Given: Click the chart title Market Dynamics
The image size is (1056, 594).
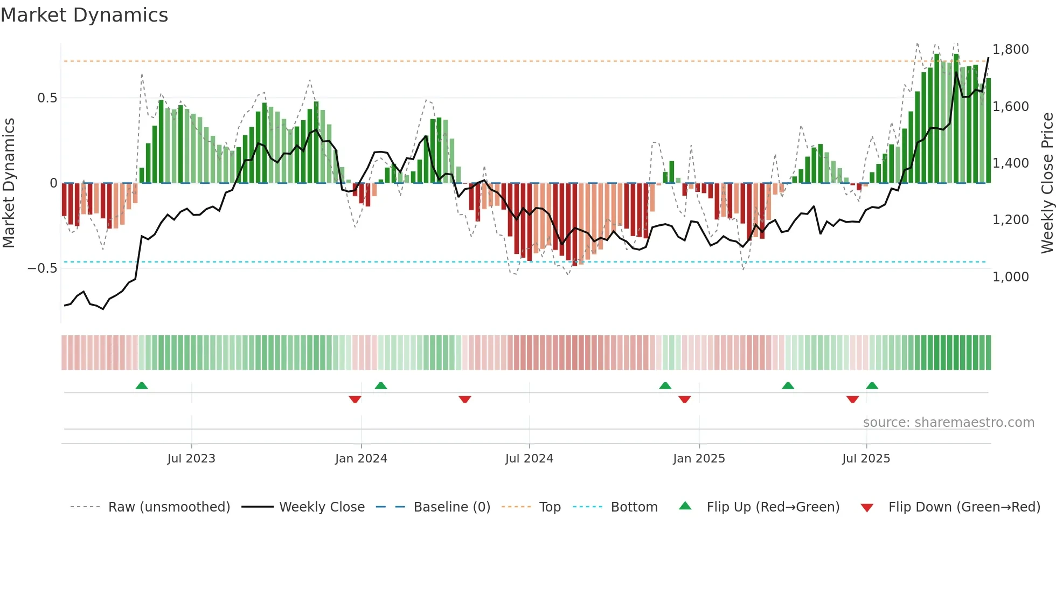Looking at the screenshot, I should (x=84, y=15).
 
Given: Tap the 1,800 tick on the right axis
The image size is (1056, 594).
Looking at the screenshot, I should (x=1010, y=50).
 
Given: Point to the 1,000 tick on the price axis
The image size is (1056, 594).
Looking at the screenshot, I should (x=1010, y=277).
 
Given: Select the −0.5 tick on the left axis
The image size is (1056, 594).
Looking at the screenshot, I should (x=42, y=268).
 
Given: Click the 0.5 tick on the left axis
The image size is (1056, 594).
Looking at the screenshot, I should (x=47, y=98).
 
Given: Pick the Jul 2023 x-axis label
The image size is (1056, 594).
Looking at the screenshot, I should (x=191, y=459).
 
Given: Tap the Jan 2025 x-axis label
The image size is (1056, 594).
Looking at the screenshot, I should (x=699, y=459).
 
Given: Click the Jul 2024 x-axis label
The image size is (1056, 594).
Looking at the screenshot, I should (x=529, y=459).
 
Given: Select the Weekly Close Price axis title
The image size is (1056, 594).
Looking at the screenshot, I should (x=1047, y=183).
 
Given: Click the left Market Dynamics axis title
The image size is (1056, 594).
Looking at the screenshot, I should (x=9, y=183).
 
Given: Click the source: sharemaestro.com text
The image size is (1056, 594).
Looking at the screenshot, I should (x=948, y=423).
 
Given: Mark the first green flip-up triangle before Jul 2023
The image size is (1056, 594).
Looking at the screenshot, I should (x=142, y=385).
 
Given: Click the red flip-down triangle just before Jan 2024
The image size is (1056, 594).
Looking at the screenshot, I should (x=355, y=399).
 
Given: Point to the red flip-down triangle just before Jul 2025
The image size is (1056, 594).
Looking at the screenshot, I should (x=852, y=399).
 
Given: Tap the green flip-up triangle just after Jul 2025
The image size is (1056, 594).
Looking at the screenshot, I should (x=872, y=385).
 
